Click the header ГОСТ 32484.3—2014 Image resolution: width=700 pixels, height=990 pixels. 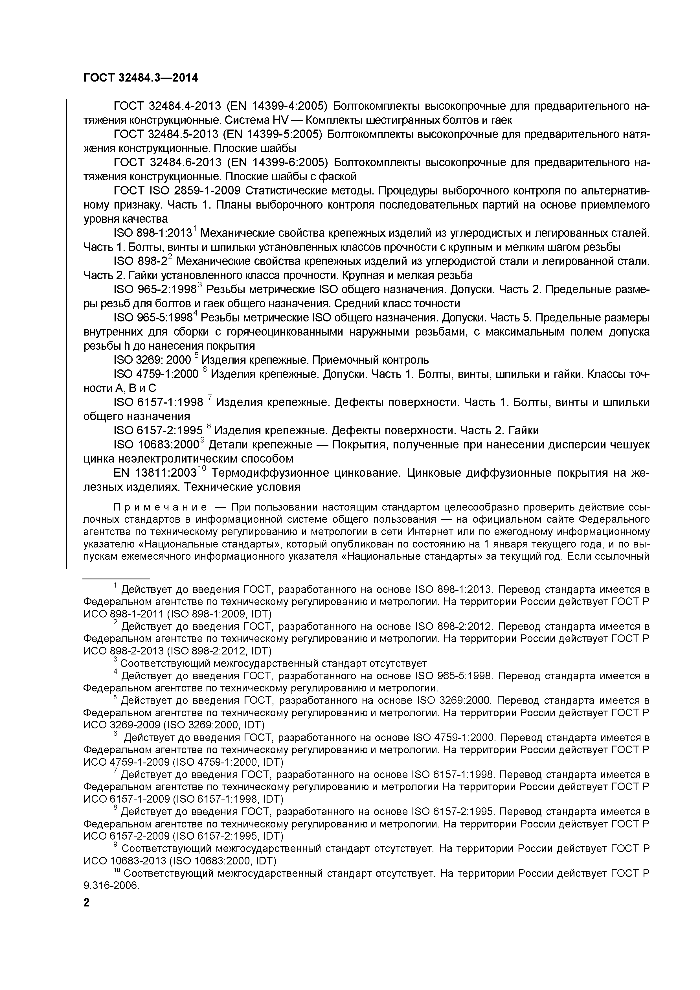pos(141,78)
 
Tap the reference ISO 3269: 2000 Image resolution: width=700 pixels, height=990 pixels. pos(152,360)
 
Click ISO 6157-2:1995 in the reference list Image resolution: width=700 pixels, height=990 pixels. pos(158,431)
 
